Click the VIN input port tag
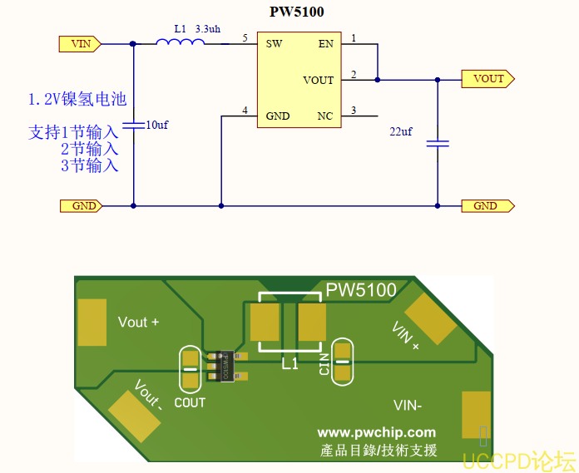(x=80, y=43)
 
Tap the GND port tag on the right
(x=487, y=205)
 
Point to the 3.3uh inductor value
(x=207, y=28)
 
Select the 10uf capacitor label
(x=156, y=125)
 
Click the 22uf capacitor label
(x=401, y=131)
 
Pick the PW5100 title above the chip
(x=297, y=12)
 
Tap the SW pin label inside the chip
(x=274, y=43)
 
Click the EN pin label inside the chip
(x=325, y=43)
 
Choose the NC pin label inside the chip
(x=325, y=116)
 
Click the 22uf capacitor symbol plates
(x=438, y=144)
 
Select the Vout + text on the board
(x=138, y=322)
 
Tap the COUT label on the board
(x=190, y=402)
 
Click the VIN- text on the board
(x=407, y=406)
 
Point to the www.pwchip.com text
(x=376, y=432)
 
